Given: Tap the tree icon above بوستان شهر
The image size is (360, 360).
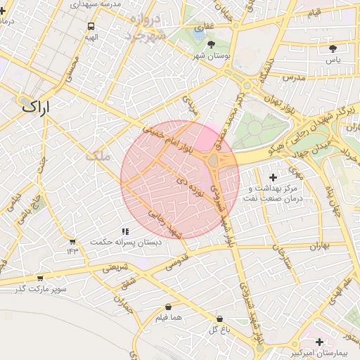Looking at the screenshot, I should pos(212,44).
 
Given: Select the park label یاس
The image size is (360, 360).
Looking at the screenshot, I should pos(333,60).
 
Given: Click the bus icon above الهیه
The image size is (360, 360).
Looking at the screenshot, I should pos(90,26).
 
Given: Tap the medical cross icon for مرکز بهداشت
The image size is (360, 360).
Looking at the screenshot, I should pos(274,179).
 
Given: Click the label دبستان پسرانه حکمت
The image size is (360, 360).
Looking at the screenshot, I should pos(125,242).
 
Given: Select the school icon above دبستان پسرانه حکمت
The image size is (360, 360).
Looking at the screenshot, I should pos(125,231).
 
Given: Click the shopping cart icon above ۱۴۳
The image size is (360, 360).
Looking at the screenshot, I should pos(72,241).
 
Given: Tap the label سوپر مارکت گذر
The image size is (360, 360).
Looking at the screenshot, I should pos(42,289).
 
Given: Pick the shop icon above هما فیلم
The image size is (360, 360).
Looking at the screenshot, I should pos(168,307).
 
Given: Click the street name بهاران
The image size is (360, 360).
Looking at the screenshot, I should pos(319,247).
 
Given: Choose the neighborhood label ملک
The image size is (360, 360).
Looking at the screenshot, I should pos(98,156).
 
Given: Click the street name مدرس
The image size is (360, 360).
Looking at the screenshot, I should pos(295,77).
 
